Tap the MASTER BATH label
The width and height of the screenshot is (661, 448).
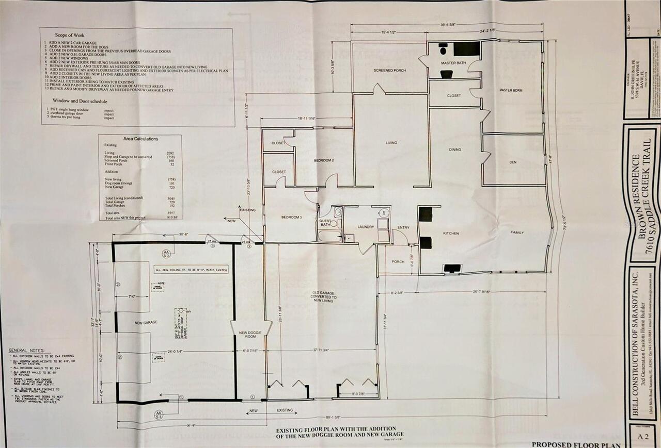click(x=453, y=63)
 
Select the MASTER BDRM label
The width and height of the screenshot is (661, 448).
click(x=510, y=90)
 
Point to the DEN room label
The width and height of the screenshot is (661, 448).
click(x=512, y=162)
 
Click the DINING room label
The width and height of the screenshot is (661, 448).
click(x=455, y=150)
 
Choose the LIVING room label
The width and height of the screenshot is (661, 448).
click(x=391, y=143)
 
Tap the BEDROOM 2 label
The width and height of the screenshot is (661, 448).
click(x=324, y=160)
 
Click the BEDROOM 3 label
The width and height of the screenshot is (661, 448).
click(x=291, y=217)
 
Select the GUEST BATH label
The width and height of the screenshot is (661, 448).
click(x=325, y=222)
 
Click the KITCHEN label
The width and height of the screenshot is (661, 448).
click(x=450, y=234)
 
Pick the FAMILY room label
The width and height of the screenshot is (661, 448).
click(x=517, y=233)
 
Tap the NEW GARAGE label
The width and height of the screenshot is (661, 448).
click(x=146, y=322)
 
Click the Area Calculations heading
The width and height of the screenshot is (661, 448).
click(x=140, y=139)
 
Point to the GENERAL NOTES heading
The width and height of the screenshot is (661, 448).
click(x=26, y=350)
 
